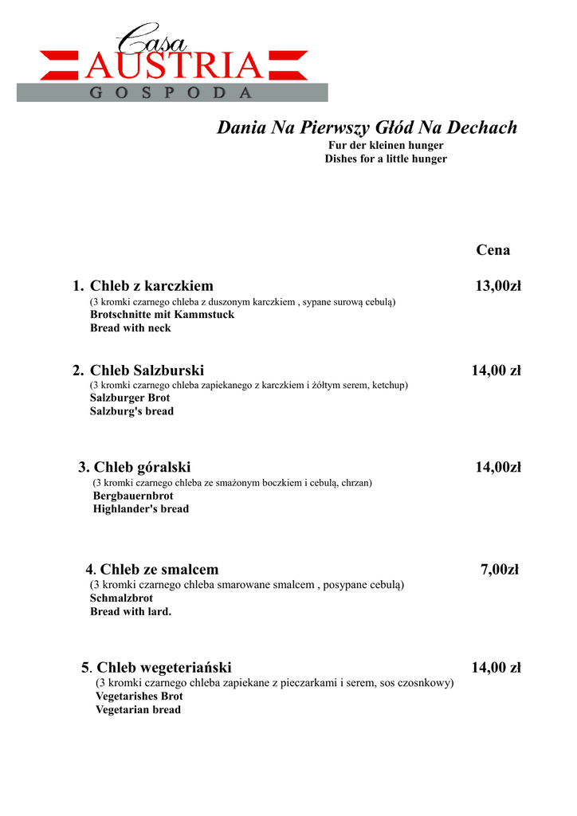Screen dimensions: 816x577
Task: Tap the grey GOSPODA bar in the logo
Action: tap(172, 92)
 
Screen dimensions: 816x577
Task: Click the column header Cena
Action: tap(493, 250)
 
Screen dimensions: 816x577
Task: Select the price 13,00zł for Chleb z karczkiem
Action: tap(498, 286)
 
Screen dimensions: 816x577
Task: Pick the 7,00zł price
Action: tap(500, 569)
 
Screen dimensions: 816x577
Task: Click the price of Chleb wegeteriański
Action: tap(496, 668)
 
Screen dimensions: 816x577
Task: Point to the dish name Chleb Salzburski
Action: tap(147, 371)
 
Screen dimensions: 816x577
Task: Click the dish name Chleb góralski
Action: tap(143, 467)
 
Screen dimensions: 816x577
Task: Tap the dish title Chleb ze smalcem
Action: tap(159, 569)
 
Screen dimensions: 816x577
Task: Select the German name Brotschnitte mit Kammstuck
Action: tap(162, 315)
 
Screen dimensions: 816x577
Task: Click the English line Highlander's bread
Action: tap(141, 509)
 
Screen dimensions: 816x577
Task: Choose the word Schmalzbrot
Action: tap(121, 598)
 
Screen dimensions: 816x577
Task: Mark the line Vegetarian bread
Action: tap(138, 710)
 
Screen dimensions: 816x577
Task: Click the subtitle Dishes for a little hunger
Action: tap(386, 159)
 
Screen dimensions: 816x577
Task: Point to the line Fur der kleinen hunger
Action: tap(386, 146)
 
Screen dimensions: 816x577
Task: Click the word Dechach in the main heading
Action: tap(482, 127)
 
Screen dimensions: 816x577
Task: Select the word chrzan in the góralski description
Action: tap(356, 483)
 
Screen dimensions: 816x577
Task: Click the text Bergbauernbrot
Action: tap(133, 496)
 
